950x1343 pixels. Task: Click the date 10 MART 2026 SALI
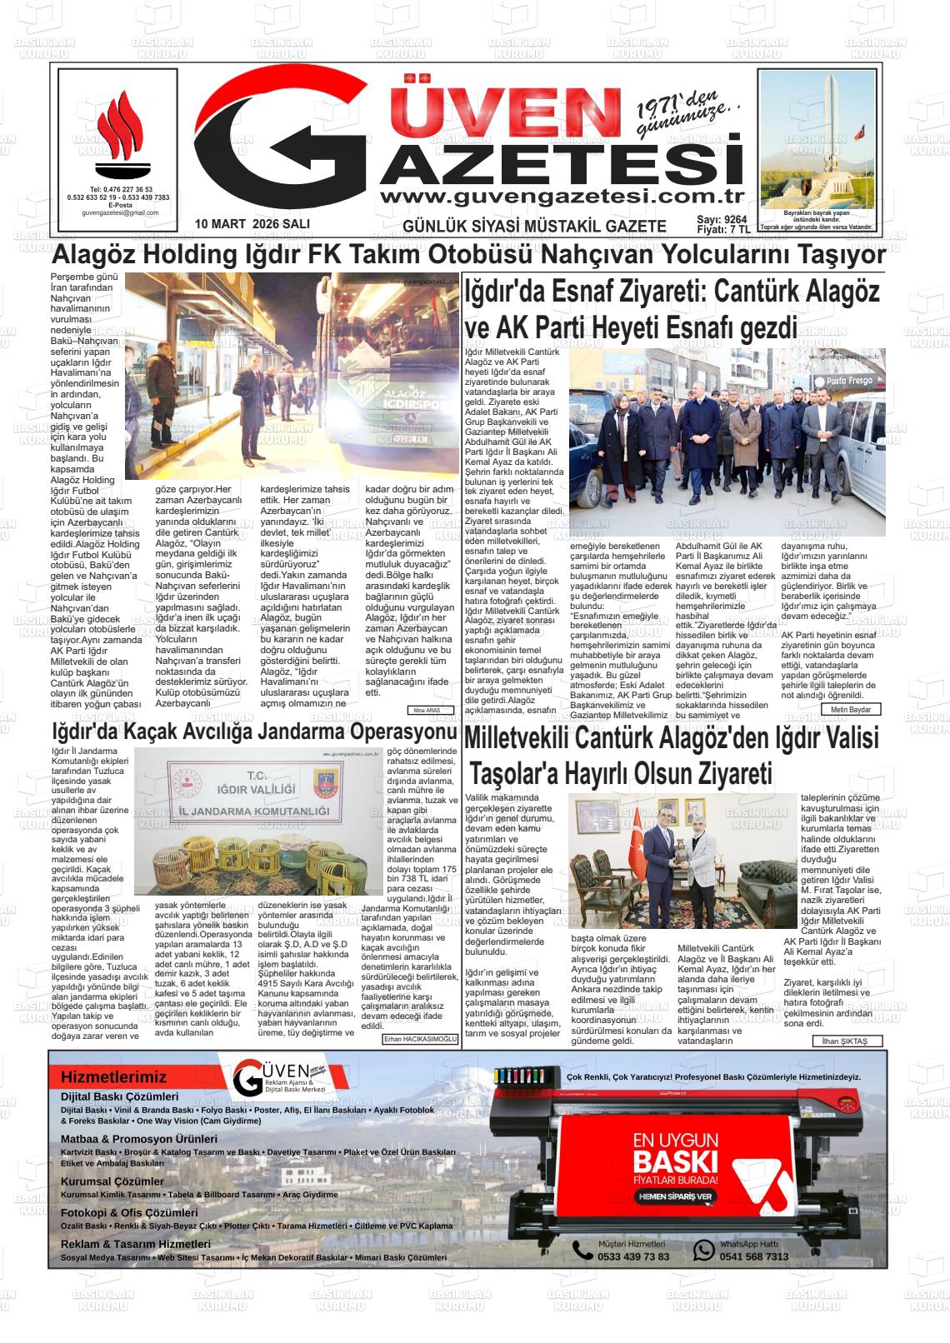point(252,224)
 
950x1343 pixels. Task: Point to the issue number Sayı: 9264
point(722,219)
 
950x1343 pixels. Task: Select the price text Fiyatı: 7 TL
point(723,229)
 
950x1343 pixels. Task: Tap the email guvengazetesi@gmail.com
point(120,212)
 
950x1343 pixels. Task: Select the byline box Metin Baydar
point(851,709)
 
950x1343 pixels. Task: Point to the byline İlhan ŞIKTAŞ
point(845,1041)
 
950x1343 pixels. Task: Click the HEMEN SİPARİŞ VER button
point(676,1196)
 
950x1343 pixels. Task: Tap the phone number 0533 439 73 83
point(633,1256)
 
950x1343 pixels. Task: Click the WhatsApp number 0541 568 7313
point(753,1256)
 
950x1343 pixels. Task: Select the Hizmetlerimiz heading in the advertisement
point(113,1077)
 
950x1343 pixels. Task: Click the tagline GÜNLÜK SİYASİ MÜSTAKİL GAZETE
point(534,226)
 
